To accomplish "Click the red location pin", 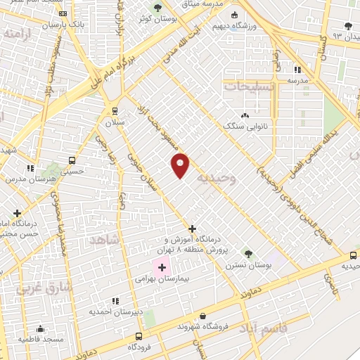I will pos(181,165).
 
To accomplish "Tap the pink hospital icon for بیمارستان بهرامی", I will pos(162,267).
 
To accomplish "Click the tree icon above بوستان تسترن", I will pos(247,253).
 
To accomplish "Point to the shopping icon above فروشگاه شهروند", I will pos(203,317).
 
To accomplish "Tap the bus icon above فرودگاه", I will pos(139,336).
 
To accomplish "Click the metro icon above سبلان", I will pos(115,110).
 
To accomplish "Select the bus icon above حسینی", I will pos(72,160).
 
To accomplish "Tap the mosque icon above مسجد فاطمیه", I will pos(40,328).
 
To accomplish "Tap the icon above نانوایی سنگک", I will pos(245,115).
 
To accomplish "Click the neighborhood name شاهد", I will pos(105,240).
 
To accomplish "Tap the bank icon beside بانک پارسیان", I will pos(63,13).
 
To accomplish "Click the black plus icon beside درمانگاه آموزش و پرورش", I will pos(193,229).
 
